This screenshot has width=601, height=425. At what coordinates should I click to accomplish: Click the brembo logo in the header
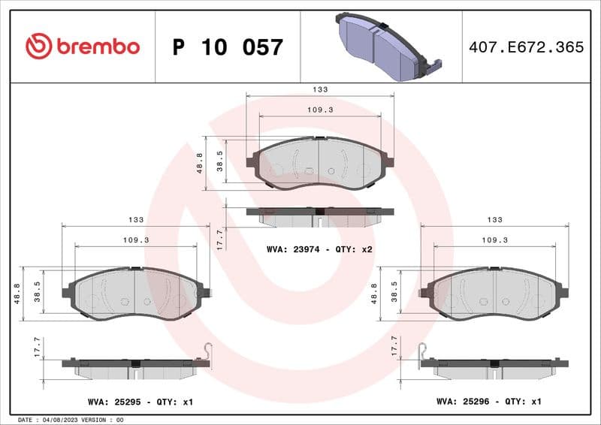(x=82, y=47)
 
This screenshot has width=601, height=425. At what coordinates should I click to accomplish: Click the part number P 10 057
(x=228, y=47)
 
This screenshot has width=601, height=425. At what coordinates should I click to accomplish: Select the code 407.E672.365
(x=526, y=47)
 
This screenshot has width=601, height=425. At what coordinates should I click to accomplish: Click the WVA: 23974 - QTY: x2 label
(x=320, y=249)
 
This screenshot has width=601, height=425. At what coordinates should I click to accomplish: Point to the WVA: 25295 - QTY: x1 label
(x=139, y=402)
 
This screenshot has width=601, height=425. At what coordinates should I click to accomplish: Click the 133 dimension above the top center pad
(x=320, y=89)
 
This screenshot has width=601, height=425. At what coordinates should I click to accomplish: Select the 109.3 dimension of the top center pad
(x=320, y=110)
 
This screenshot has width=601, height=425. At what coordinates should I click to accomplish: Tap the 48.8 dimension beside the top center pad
(x=199, y=164)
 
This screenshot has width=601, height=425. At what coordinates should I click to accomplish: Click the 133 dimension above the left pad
(x=136, y=219)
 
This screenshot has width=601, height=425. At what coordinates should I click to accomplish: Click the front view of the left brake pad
(x=136, y=293)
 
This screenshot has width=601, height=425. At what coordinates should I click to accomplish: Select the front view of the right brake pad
(x=494, y=293)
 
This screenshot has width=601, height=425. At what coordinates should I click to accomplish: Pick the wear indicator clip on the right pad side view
(x=423, y=351)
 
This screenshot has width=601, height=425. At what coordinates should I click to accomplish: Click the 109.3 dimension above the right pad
(x=494, y=240)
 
